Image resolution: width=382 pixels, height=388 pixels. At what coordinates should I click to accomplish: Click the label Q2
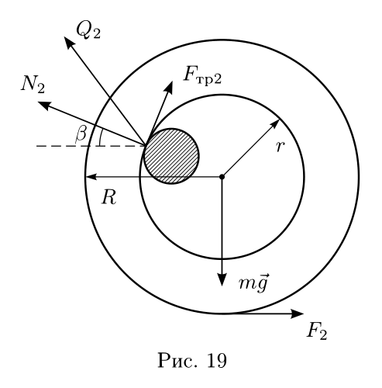point(88,30)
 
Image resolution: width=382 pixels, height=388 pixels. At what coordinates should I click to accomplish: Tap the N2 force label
point(33,84)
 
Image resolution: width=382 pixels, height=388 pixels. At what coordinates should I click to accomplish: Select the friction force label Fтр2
point(202,75)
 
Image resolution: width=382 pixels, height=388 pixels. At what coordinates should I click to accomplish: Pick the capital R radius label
point(109,197)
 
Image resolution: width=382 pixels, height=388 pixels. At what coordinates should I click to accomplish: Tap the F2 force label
point(317,331)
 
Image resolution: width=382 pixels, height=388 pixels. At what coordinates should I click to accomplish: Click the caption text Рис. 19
point(192,360)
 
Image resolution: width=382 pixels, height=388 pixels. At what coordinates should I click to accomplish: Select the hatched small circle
point(171,156)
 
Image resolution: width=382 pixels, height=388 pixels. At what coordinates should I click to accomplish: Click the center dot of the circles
point(222,177)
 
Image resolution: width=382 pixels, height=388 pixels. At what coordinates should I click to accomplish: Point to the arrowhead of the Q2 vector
point(67,42)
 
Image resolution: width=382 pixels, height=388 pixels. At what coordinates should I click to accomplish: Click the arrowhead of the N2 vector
point(43,105)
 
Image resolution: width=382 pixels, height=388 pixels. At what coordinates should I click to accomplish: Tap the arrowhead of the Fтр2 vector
point(169,86)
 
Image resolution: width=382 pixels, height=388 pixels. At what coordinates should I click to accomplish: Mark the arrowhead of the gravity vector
point(222,279)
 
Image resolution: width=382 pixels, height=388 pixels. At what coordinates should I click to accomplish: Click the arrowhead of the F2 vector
point(297,314)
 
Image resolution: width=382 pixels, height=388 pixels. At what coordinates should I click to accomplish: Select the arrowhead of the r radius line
point(275,124)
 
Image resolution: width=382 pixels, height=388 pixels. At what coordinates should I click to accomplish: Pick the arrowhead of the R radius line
point(91,177)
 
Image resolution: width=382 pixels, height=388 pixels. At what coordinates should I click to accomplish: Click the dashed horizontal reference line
point(91,146)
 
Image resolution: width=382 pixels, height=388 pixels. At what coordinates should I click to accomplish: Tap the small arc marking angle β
point(100,137)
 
